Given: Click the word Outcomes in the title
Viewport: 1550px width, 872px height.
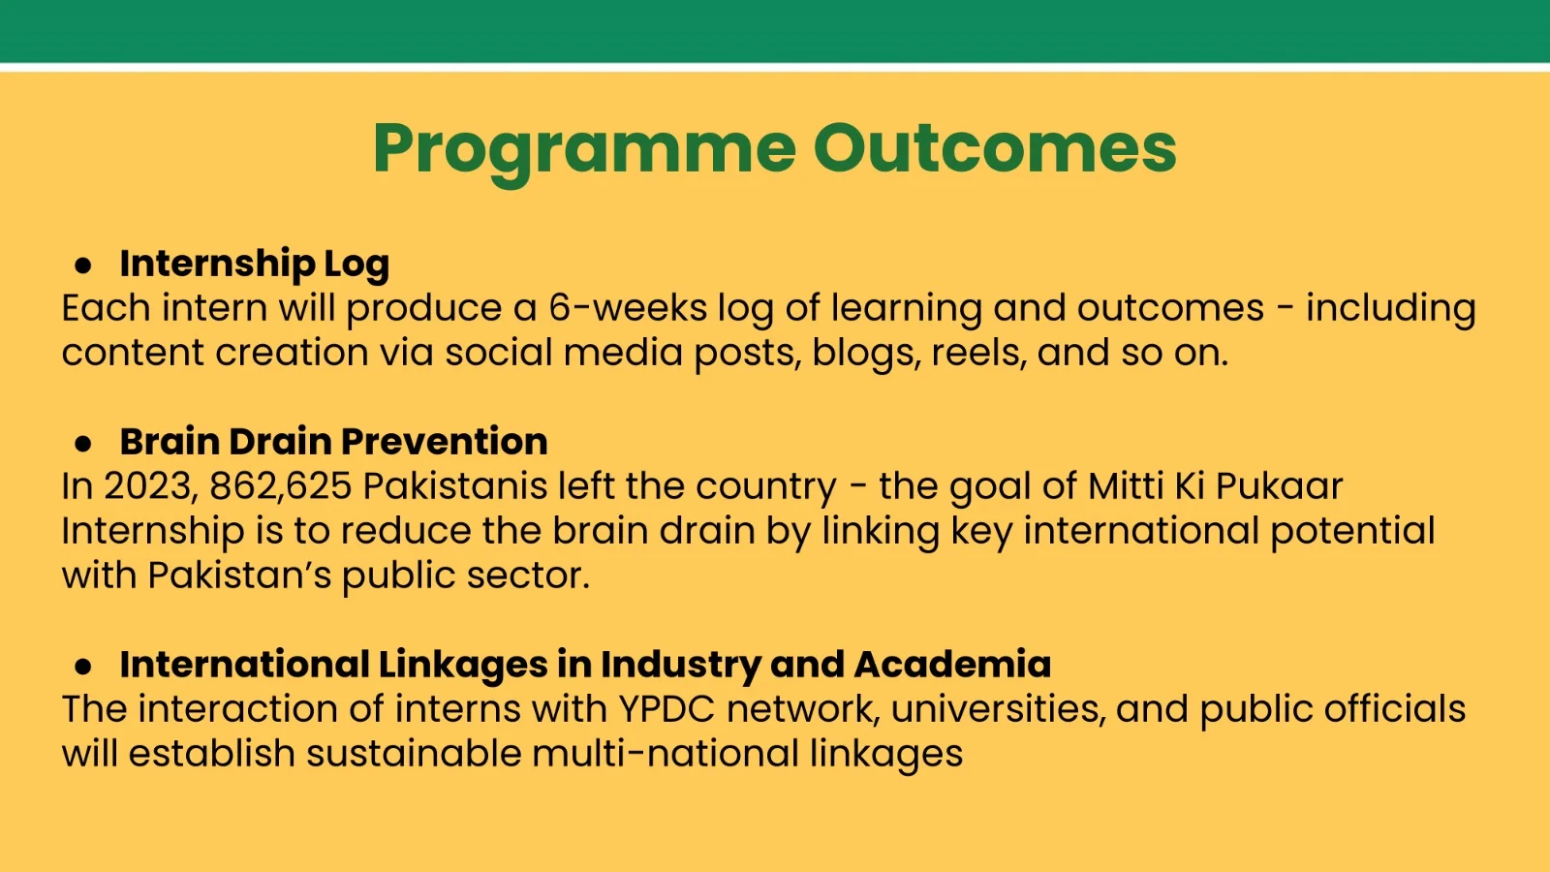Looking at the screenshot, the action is [x=995, y=148].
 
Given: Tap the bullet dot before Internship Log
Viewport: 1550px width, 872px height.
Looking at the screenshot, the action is [x=83, y=265].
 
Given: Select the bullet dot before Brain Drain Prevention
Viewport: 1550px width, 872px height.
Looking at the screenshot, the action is [x=83, y=444].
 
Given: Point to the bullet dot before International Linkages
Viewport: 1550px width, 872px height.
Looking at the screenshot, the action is [x=83, y=667].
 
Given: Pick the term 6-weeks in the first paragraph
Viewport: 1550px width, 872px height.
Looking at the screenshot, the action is [x=628, y=308].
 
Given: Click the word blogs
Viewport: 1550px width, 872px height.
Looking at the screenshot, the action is [x=866, y=354].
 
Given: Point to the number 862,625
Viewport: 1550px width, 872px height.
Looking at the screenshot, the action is [x=281, y=486].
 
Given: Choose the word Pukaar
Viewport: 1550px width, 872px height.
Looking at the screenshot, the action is [x=1280, y=485].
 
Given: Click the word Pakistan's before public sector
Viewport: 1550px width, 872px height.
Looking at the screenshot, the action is [x=239, y=576].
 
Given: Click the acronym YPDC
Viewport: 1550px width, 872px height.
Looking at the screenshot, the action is [x=666, y=708].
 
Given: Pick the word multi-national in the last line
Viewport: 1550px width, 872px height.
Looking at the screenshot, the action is [x=666, y=753].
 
